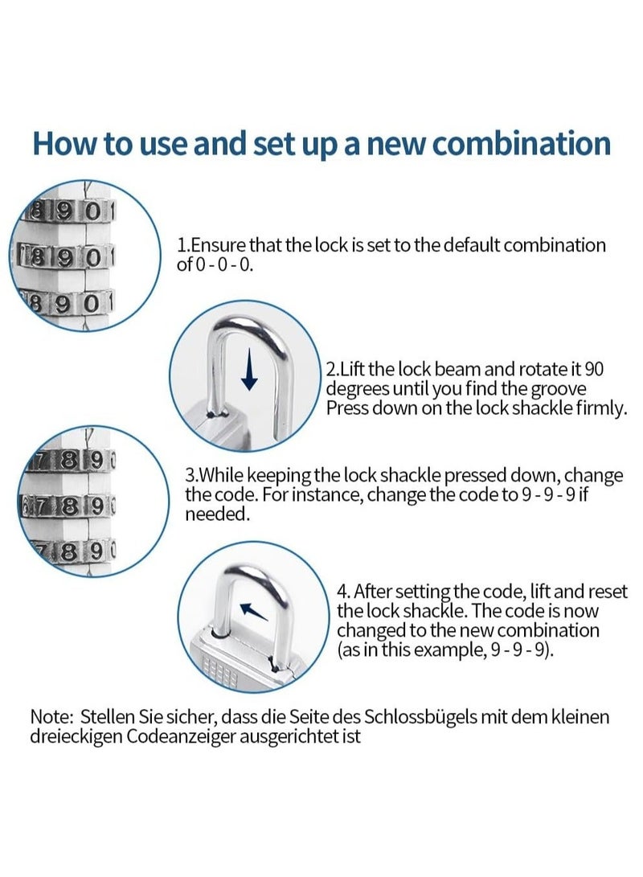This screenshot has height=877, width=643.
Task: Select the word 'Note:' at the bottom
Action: pos(52,716)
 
